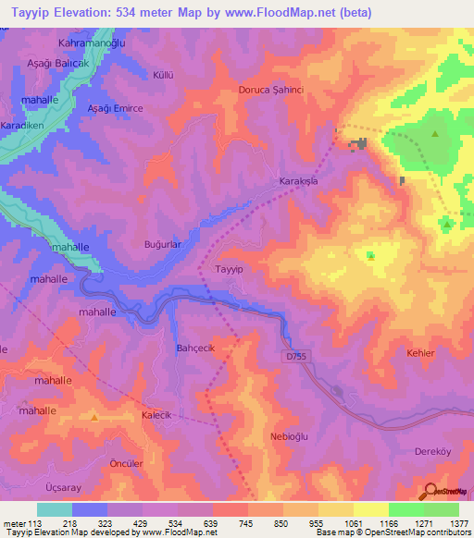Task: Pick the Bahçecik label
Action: [x=195, y=348]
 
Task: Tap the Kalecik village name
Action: [x=157, y=416]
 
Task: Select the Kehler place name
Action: [x=420, y=353]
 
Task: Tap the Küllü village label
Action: [x=189, y=73]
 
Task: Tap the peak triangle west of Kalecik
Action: [x=95, y=418]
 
